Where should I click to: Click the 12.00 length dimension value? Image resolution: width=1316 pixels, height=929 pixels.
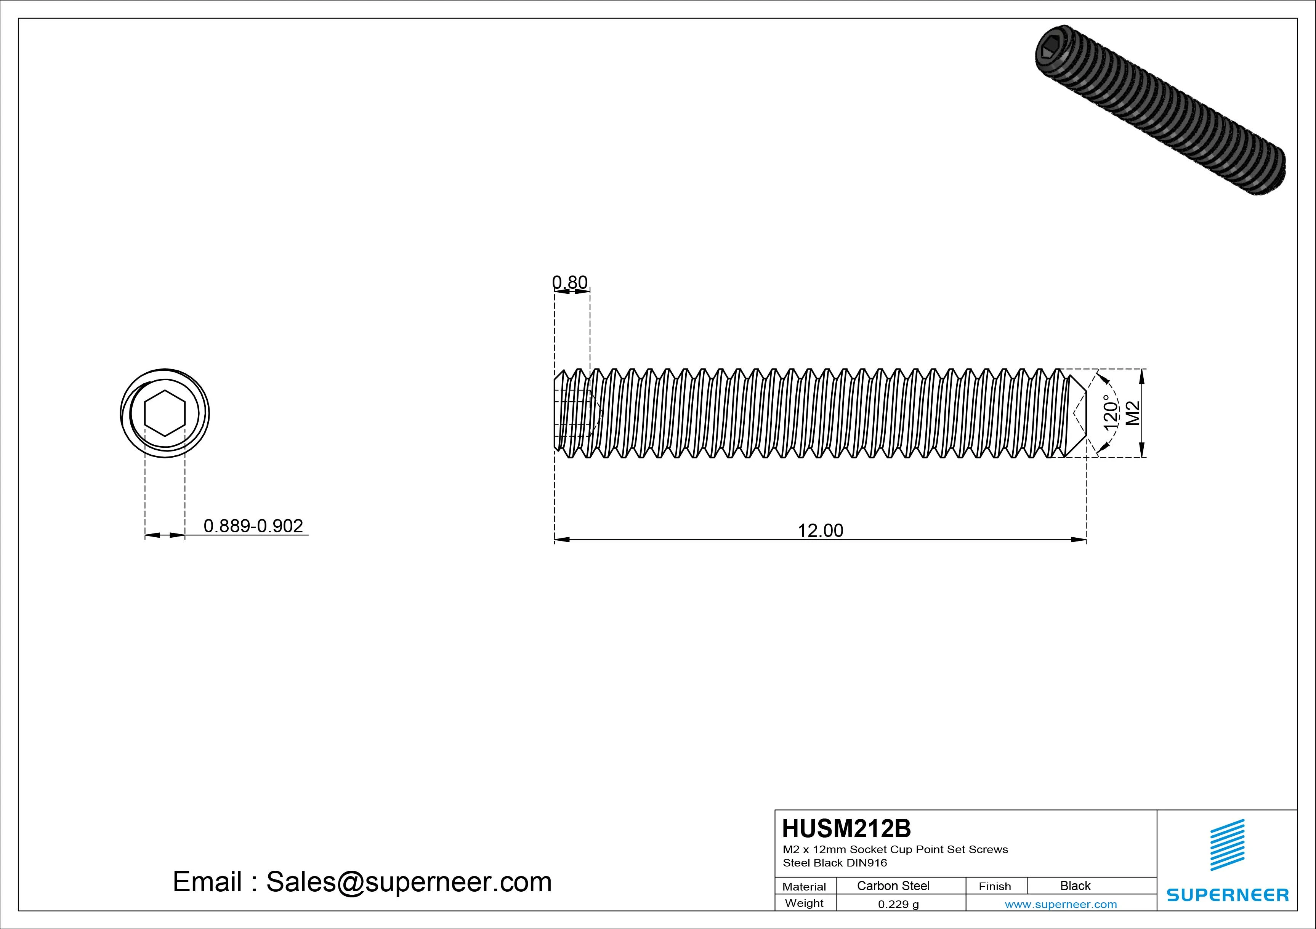pos(820,531)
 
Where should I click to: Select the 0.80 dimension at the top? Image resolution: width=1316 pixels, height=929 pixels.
pos(570,282)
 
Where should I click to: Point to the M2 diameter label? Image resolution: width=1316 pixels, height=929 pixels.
pos(1133,413)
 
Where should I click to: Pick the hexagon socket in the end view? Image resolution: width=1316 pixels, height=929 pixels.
pos(165,413)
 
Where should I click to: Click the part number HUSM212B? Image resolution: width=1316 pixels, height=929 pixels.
pos(846,829)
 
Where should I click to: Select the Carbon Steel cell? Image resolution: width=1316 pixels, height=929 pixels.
pos(893,886)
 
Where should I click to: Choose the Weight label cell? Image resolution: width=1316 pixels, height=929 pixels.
pos(804,903)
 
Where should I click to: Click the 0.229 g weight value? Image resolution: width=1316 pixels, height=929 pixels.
pos(898,904)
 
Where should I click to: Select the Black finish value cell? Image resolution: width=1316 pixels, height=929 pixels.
pos(1075,886)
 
